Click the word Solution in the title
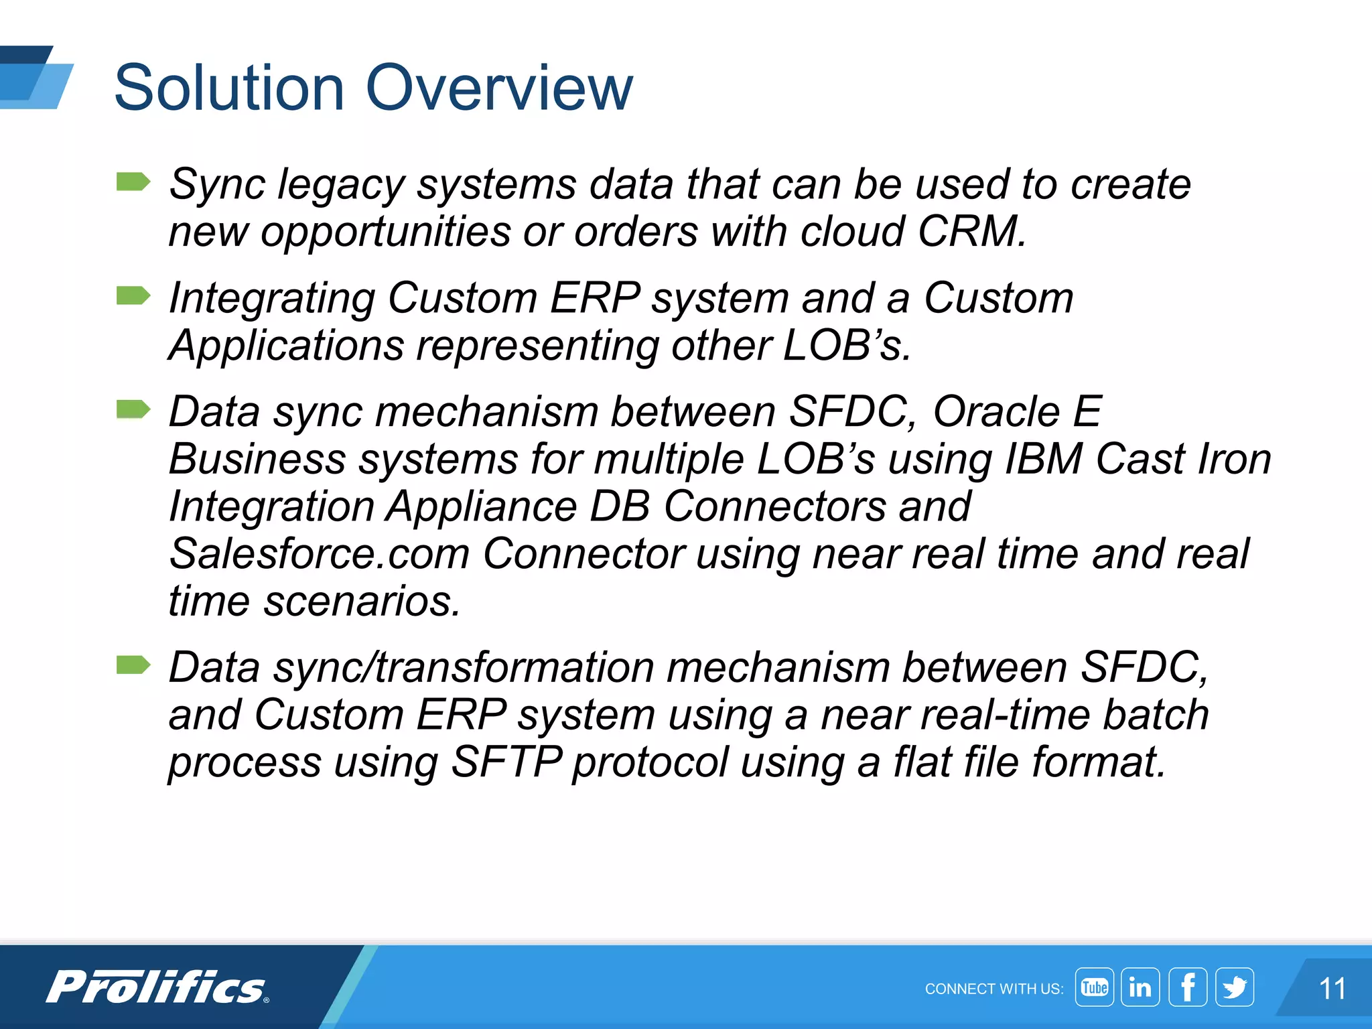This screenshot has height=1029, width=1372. pos(229,87)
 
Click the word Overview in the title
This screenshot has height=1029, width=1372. pos(499,87)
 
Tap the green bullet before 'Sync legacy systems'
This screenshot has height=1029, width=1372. pos(133,182)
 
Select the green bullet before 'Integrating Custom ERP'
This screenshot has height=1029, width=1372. pos(133,295)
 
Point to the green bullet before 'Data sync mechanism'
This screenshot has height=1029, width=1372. pos(133,409)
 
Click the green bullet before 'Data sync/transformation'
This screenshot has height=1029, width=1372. pos(133,665)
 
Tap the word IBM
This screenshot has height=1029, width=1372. pos(1044,459)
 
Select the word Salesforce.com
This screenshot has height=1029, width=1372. pos(319,553)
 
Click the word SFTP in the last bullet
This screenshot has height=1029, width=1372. pos(506,762)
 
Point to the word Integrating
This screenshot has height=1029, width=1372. pos(271,298)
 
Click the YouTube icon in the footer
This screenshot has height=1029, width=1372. pos(1094,987)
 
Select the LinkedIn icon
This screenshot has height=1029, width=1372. pos(1140,987)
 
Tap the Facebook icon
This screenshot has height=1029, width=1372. pos(1188,987)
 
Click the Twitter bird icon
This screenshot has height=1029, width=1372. pos(1235,987)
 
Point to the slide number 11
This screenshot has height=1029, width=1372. pos(1332,989)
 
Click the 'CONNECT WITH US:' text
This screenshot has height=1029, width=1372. pos(993,989)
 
